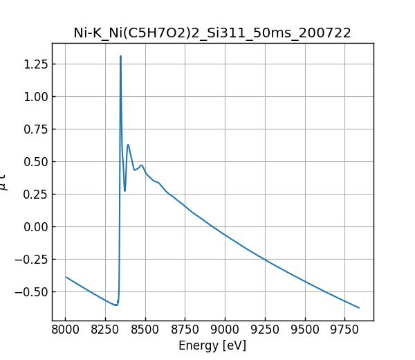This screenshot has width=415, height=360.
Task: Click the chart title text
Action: tap(212, 33)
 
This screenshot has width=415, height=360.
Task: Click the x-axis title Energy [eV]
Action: tap(212, 345)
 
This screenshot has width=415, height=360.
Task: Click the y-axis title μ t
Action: tap(5, 182)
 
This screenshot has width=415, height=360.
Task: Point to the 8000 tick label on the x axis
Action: tap(66, 330)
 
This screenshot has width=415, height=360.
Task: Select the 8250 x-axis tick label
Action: tap(105, 330)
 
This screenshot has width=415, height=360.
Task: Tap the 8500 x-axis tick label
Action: tap(145, 330)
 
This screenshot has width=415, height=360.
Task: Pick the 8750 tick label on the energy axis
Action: tap(185, 330)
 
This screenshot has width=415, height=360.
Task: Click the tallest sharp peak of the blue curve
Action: tap(120, 57)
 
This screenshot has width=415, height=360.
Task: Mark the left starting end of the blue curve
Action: tap(66, 277)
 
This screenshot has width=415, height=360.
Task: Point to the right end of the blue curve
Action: tap(359, 307)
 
